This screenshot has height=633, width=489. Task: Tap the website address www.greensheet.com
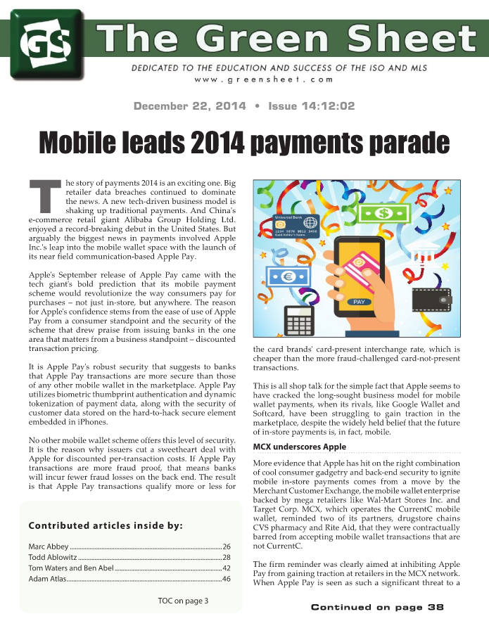[x=264, y=79]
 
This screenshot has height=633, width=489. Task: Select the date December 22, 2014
[x=190, y=106]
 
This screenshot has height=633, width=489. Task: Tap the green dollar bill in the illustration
[x=386, y=212]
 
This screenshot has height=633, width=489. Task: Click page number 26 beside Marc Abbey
[x=227, y=546]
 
